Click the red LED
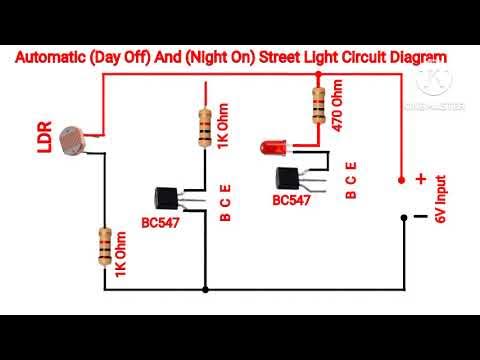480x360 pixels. pyautogui.click(x=272, y=149)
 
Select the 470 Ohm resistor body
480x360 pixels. pyautogui.click(x=319, y=102)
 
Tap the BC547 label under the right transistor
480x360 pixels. pyautogui.click(x=290, y=200)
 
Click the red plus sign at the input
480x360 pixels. pyautogui.click(x=421, y=179)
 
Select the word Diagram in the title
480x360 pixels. pyautogui.click(x=413, y=58)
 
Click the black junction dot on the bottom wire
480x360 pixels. pyautogui.click(x=205, y=291)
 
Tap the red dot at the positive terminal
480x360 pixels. pyautogui.click(x=402, y=180)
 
